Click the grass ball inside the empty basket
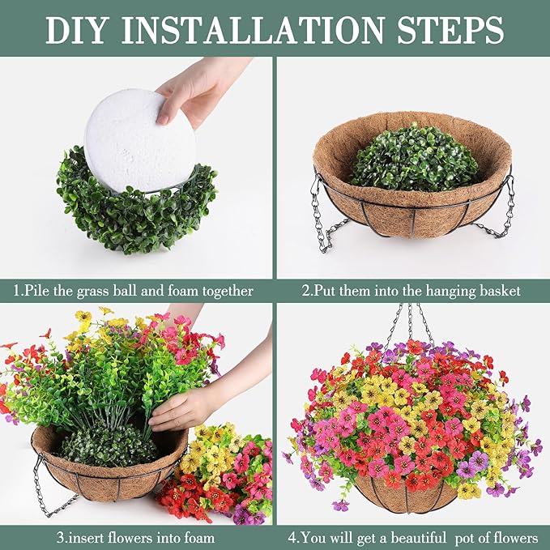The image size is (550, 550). pos(414,158)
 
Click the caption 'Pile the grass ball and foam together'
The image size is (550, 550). pos(134,290)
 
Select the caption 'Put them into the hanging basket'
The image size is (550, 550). pos(411,290)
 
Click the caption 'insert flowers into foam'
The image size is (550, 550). pos(136,537)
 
